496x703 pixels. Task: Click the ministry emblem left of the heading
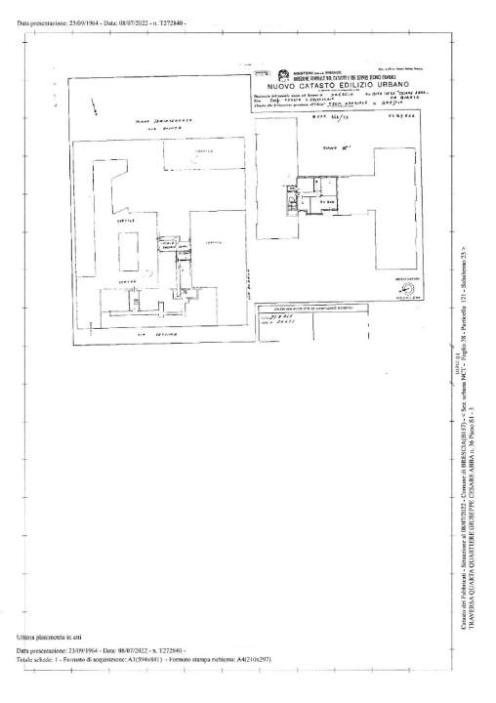[283, 75]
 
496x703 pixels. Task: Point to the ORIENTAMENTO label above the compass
[409, 277]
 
